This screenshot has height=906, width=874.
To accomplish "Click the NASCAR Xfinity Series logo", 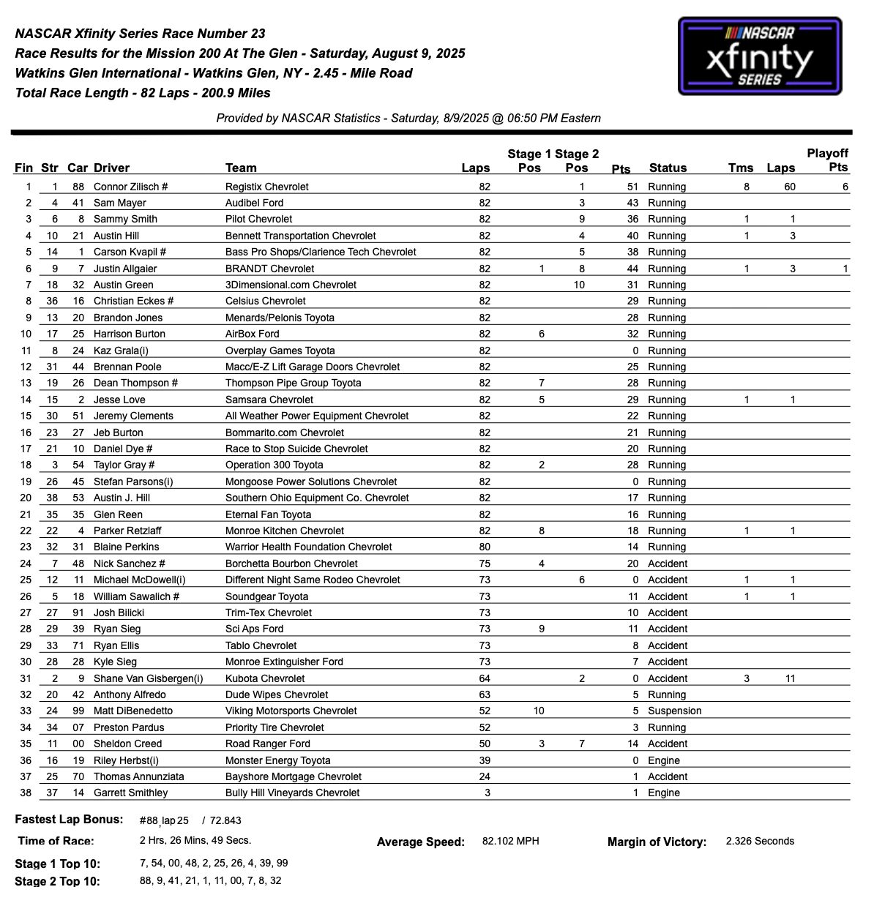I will tap(760, 56).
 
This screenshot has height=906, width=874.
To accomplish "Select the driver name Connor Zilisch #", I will tap(130, 187).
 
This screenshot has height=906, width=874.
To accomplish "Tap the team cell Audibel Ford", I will tap(254, 203).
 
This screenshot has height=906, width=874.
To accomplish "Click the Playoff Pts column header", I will tap(827, 160).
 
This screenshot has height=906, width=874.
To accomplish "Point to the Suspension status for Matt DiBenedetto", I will tap(674, 711).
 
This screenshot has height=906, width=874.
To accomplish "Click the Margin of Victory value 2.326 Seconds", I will tap(760, 841).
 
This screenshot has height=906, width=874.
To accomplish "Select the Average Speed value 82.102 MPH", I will tap(510, 841).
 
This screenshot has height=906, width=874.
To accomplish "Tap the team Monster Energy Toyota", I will tap(277, 760).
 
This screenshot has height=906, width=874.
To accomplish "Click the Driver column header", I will tap(111, 168).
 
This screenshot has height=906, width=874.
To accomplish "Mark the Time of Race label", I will tap(56, 841).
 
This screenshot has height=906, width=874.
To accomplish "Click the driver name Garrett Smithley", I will tap(130, 793).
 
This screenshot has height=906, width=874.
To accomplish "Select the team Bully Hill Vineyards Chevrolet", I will tap(292, 793).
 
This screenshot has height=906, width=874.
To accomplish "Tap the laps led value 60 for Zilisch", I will tap(789, 187).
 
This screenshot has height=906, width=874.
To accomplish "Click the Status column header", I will tap(668, 168).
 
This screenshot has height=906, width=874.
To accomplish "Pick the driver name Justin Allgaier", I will tap(125, 269).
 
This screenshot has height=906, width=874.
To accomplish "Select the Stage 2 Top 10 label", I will tap(57, 881).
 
